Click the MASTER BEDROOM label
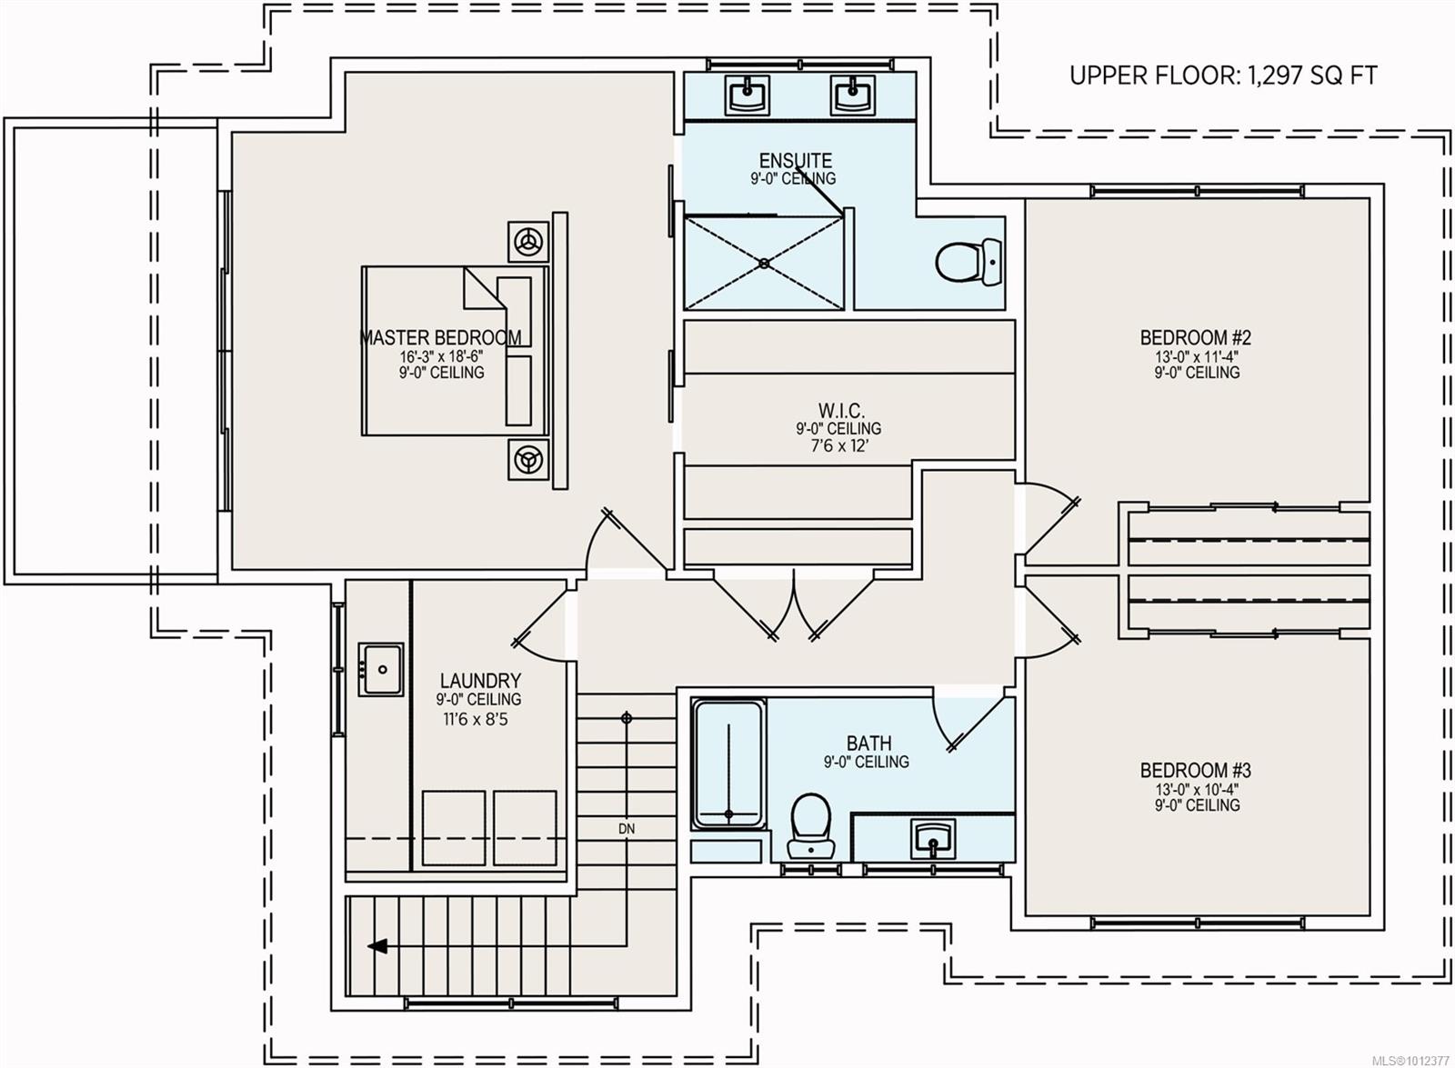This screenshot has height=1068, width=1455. pyautogui.click(x=440, y=337)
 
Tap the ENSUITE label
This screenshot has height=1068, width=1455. pyautogui.click(x=795, y=160)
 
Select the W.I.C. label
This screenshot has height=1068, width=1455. pyautogui.click(x=840, y=410)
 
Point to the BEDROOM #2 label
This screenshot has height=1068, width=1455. pyautogui.click(x=1196, y=337)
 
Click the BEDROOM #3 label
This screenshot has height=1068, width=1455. pyautogui.click(x=1196, y=771)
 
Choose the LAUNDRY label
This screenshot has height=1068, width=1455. pyautogui.click(x=480, y=681)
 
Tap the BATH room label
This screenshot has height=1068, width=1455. pyautogui.click(x=868, y=743)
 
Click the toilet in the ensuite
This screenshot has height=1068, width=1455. pyautogui.click(x=968, y=262)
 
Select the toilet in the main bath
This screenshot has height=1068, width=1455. pyautogui.click(x=810, y=825)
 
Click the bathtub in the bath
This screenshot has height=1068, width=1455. pyautogui.click(x=728, y=764)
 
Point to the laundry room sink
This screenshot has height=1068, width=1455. pyautogui.click(x=381, y=669)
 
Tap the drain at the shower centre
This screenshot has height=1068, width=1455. pyautogui.click(x=765, y=263)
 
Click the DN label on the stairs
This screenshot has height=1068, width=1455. pyautogui.click(x=627, y=829)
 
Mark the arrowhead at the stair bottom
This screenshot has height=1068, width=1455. pyautogui.click(x=377, y=946)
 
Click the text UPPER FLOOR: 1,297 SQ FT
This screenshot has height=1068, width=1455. pyautogui.click(x=1223, y=76)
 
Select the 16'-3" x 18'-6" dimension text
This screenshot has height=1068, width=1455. pyautogui.click(x=441, y=356)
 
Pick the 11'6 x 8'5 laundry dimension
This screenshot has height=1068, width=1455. pyautogui.click(x=476, y=719)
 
